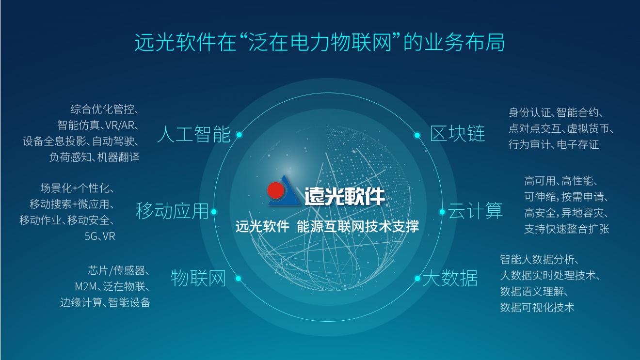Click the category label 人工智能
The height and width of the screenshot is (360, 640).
click(x=194, y=134)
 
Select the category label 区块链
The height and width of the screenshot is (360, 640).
click(x=458, y=133)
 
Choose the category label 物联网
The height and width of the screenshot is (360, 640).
click(x=199, y=278)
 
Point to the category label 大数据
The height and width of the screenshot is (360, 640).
click(x=450, y=278)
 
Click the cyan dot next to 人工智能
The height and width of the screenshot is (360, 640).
click(x=239, y=135)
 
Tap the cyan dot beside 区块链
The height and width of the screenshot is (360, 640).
click(x=417, y=135)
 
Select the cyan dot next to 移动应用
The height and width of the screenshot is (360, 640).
click(x=214, y=212)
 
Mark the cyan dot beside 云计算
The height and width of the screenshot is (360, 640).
click(x=442, y=212)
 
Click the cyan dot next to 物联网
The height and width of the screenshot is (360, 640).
click(x=238, y=278)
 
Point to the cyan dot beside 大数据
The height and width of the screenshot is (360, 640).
click(x=417, y=278)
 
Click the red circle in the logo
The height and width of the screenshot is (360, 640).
click(x=276, y=190)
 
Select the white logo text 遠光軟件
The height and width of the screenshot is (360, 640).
click(x=345, y=196)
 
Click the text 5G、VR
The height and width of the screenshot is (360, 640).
click(x=100, y=236)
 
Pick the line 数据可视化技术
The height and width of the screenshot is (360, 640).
click(x=537, y=307)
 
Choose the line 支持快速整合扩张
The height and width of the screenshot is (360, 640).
click(x=567, y=229)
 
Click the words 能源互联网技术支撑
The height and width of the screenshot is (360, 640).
click(x=358, y=226)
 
